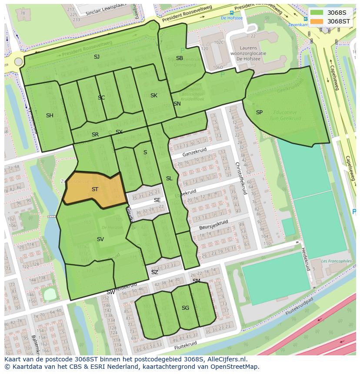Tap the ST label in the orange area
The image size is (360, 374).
coord(95,189)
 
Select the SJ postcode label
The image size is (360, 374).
coord(97,57)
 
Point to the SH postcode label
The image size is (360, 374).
coord(50,116)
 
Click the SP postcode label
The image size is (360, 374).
coord(259,113)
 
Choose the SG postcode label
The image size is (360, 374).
coord(185,308)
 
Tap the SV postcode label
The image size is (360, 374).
coord(100,239)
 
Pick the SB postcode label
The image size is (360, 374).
coord(180,58)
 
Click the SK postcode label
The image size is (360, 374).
coord(154,96)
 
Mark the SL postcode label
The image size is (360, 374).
coord(169,179)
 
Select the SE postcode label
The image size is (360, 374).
coord(157,200)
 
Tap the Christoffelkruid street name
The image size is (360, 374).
coord(240,178)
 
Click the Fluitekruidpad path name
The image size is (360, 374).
coord(299,306)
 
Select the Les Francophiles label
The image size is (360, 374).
coord(336,261)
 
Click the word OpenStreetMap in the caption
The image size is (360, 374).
coord(234,367)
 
